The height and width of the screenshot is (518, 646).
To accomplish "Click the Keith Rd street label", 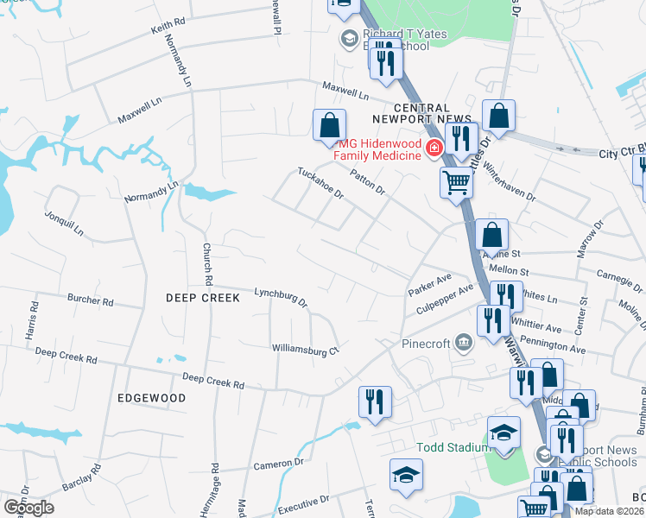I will coord(168,28).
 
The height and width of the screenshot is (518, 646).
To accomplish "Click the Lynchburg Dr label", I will coord(281,298).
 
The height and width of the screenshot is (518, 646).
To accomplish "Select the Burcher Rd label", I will coord(90,301).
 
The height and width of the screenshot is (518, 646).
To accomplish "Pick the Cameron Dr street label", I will coord(278,464).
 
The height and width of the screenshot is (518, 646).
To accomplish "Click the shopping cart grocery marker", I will coord(455,181).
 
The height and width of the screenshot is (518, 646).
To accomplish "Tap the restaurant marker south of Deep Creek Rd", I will coord(375,401).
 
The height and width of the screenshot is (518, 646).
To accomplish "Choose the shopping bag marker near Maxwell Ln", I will coord(329,125).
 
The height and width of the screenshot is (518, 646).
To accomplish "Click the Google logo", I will coord(28,508).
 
